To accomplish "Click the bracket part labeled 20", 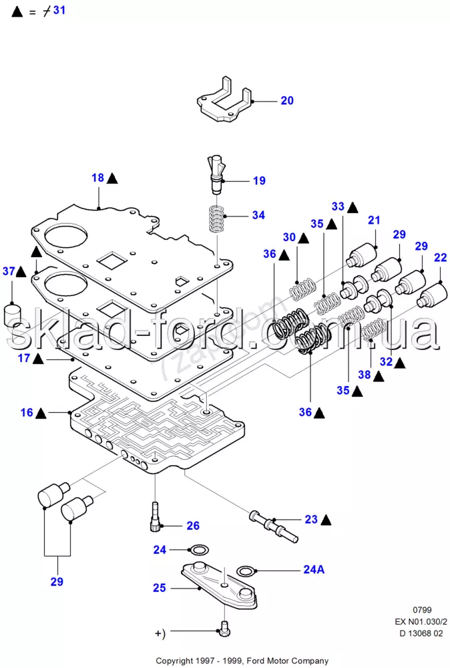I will coord(224,104).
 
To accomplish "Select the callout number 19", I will coord(259,180).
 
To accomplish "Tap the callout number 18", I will coord(98,178).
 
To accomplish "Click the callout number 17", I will coord(24,359).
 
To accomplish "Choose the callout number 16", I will coord(26,413).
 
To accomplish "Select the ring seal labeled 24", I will coord(198,550).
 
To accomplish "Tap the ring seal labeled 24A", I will coord(245,571).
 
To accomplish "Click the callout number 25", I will coord(159,589).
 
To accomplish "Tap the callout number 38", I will coord(364,375).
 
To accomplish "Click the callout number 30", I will coord(289,237).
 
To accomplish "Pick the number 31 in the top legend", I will coord(59,11).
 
